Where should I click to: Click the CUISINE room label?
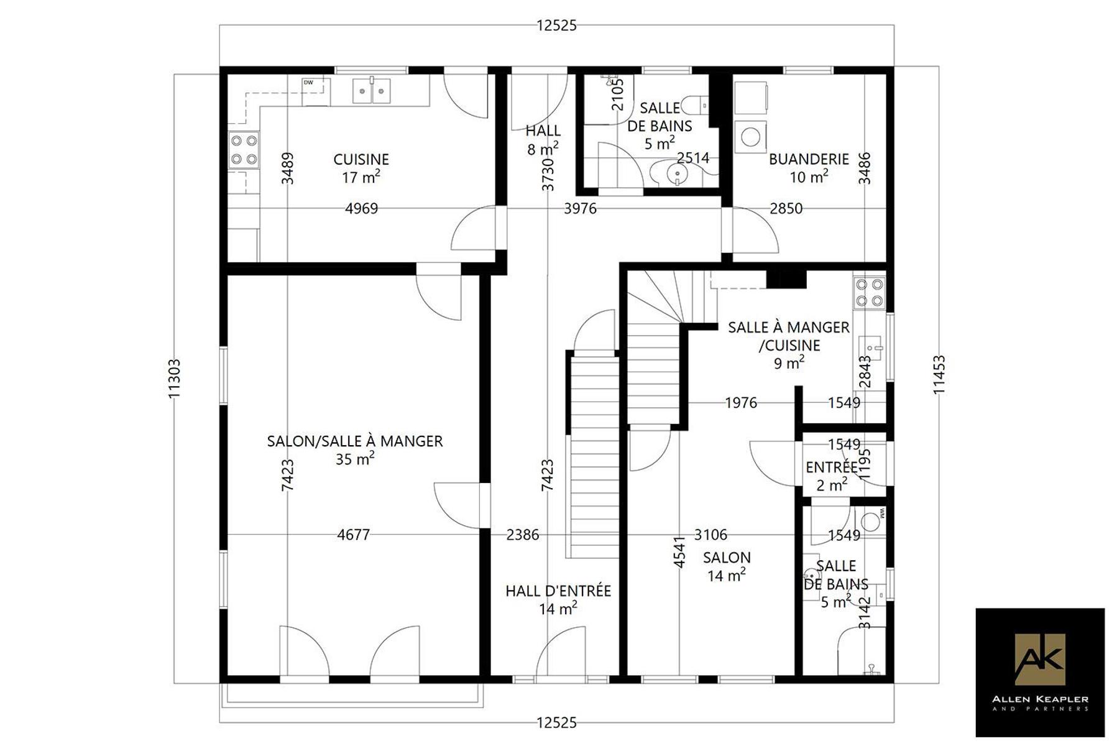pyautogui.click(x=361, y=160)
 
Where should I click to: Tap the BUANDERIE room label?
pyautogui.click(x=809, y=159)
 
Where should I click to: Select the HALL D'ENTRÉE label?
pyautogui.click(x=558, y=591)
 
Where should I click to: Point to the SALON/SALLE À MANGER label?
pyautogui.click(x=355, y=441)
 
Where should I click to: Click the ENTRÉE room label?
pyautogui.click(x=832, y=467)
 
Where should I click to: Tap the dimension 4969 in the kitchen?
pyautogui.click(x=361, y=208)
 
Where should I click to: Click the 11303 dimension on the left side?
pyautogui.click(x=174, y=379)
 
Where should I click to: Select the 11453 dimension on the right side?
pyautogui.click(x=939, y=374)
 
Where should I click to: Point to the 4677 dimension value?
pyautogui.click(x=353, y=535)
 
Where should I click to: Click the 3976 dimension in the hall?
pyautogui.click(x=580, y=208)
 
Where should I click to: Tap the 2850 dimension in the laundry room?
pyautogui.click(x=786, y=208)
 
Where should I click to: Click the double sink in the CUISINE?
pyautogui.click(x=372, y=91)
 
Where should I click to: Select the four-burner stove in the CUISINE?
pyautogui.click(x=244, y=150)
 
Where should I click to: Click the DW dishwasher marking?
pyautogui.click(x=308, y=83)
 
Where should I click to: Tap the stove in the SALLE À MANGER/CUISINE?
pyautogui.click(x=870, y=293)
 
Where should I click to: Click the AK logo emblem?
pyautogui.click(x=1039, y=659)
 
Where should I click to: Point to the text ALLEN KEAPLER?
pyautogui.click(x=1040, y=699)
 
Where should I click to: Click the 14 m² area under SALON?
pyautogui.click(x=726, y=575)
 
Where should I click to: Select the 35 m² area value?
pyautogui.click(x=355, y=459)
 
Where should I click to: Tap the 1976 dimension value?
pyautogui.click(x=741, y=403)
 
